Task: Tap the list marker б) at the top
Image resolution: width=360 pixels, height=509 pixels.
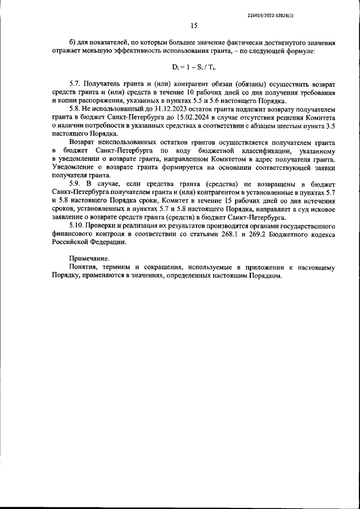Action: tap(72, 43)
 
